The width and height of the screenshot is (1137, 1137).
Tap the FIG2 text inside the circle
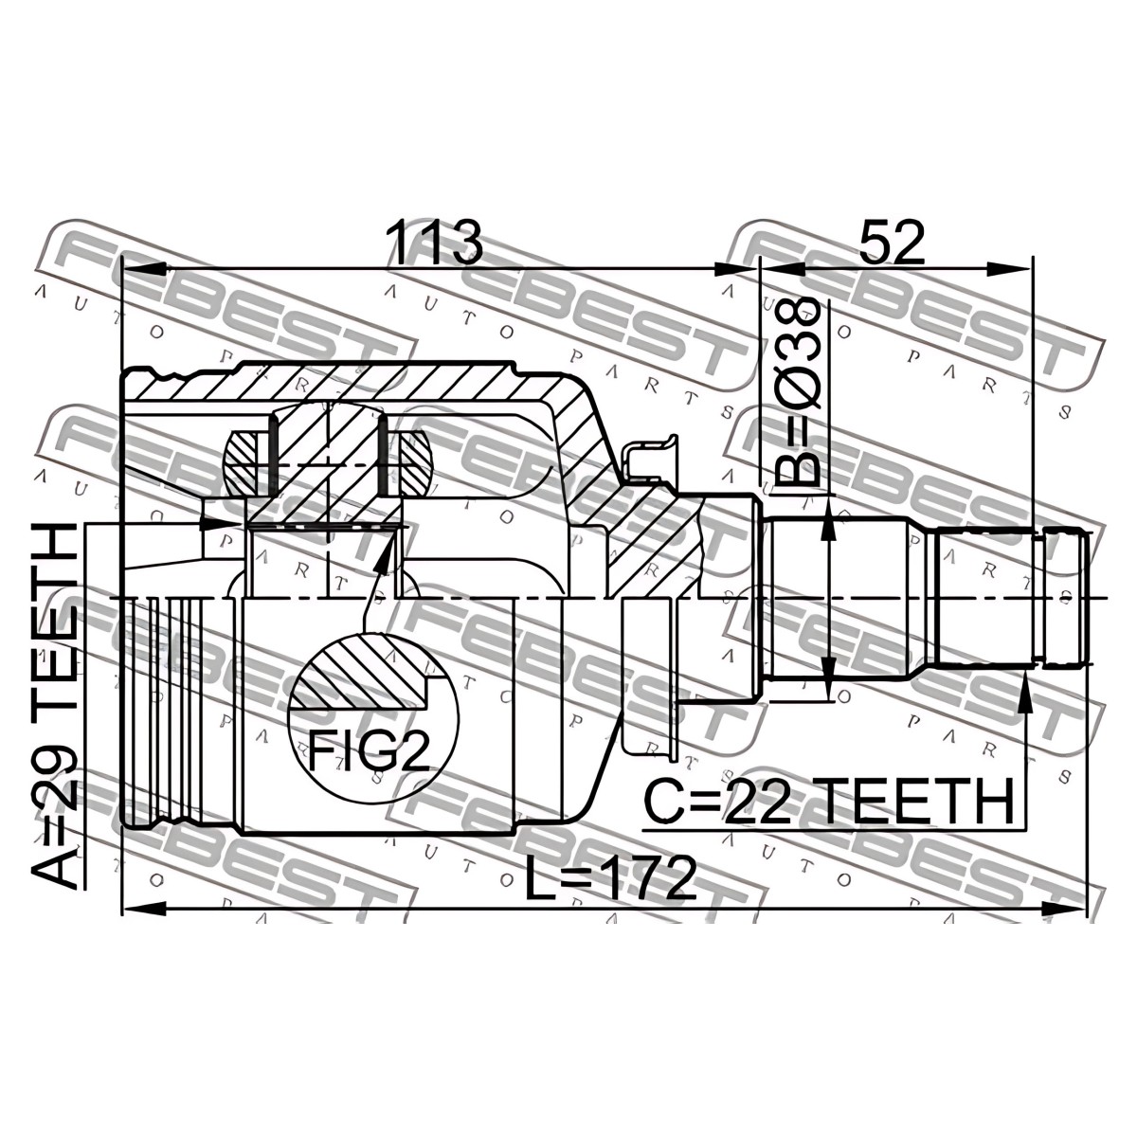coord(369,749)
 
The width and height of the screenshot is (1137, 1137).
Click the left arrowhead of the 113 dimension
coord(142,270)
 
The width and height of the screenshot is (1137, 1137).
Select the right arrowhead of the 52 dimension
coord(1011,270)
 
